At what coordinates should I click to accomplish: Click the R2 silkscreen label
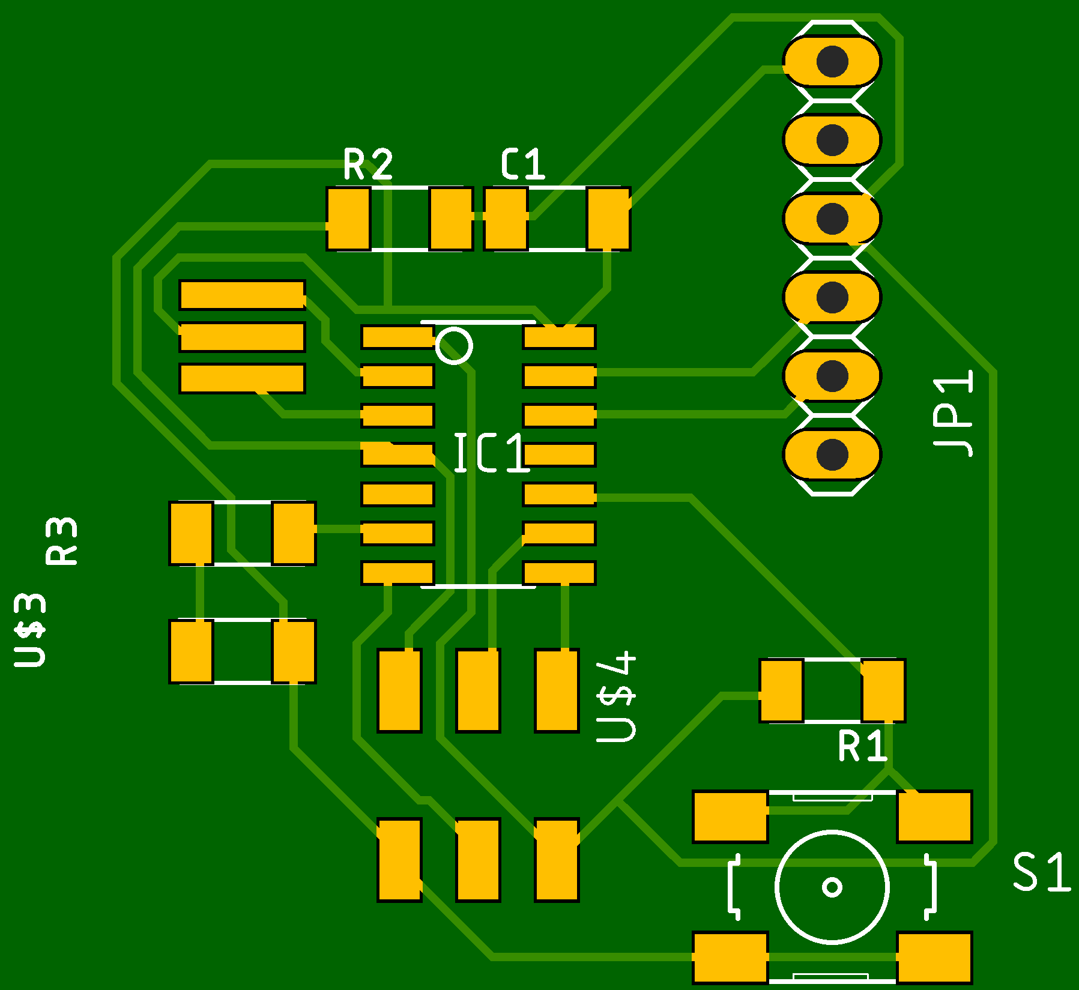pos(368,164)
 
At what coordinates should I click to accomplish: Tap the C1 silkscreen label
pos(523,164)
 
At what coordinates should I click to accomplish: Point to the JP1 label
pos(953,414)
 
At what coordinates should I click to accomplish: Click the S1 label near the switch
pos(1041,872)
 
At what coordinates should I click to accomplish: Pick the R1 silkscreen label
pos(862,746)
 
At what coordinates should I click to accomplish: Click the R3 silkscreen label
pos(61,541)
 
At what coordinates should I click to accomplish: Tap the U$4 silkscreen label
pos(616,696)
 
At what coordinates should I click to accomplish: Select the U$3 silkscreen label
pos(30,630)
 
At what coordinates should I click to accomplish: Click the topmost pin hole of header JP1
pos(832,61)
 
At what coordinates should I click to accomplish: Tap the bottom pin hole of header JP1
pos(832,454)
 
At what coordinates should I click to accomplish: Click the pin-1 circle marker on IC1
pos(454,346)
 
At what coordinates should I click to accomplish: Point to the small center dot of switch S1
pos(832,887)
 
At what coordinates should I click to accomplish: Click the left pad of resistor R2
pos(348,219)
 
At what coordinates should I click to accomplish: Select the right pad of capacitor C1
pos(608,219)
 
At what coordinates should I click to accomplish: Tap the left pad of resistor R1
pos(781,690)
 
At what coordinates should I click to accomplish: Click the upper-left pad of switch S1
pos(730,816)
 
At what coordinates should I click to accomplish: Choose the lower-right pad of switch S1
pos(934,958)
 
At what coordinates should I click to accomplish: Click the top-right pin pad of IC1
pos(559,337)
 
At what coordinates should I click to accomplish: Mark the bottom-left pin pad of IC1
pos(397,573)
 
